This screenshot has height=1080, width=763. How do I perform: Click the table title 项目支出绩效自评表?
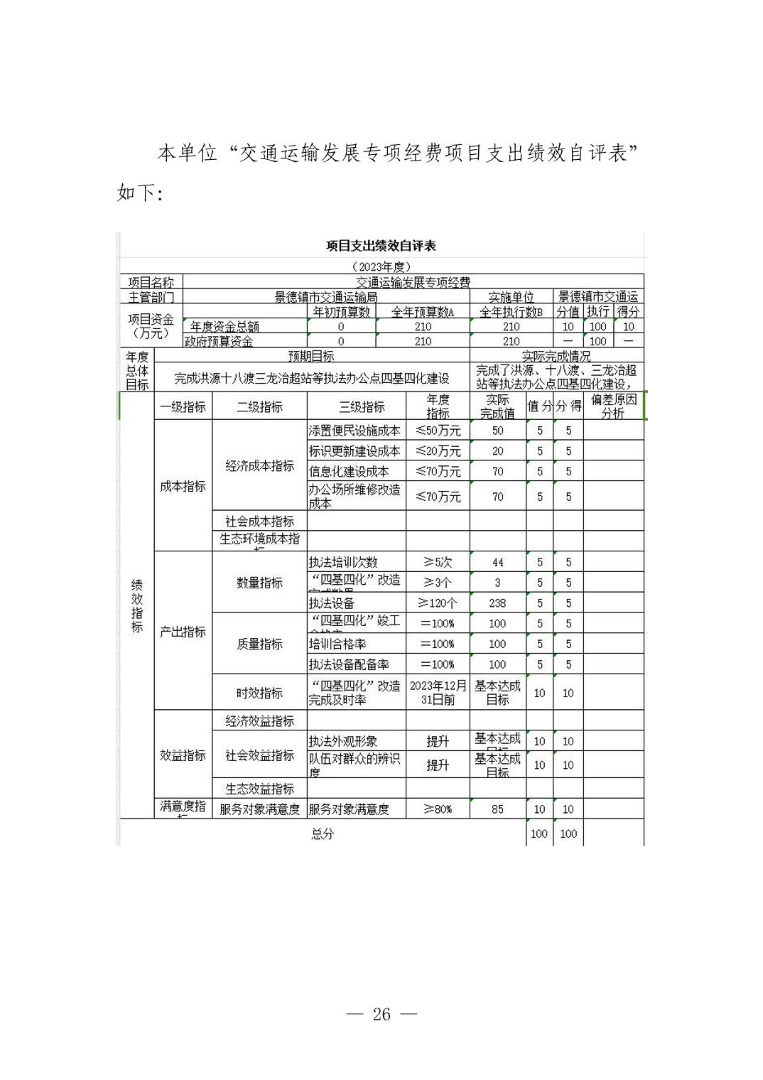coord(381,246)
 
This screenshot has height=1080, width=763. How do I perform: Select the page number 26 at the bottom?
coord(381,1014)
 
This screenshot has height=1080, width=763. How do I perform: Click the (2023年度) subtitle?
coord(381,266)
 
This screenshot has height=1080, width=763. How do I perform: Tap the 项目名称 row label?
coord(151,283)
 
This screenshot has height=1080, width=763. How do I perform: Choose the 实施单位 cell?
coord(511,297)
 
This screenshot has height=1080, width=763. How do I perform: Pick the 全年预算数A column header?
coord(423,311)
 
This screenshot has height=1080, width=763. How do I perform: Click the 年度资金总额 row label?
coord(224,327)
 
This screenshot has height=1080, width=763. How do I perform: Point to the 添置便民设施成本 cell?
coord(355,431)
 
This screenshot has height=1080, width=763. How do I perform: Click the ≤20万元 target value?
coord(438,451)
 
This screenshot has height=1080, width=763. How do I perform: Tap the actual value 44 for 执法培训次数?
coord(497,562)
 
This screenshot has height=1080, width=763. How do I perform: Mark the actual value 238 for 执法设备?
coord(497,603)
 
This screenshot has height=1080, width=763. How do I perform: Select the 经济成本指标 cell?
coord(259,466)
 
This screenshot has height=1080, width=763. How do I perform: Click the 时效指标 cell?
coord(259,693)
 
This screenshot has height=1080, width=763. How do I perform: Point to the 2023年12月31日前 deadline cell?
coord(438,693)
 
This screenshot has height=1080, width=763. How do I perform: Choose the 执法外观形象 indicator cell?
coord(343,741)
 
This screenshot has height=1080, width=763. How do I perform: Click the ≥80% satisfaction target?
coord(438,809)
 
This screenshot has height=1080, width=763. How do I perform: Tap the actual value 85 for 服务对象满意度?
coord(497,809)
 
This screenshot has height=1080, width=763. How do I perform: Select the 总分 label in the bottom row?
coord(323,833)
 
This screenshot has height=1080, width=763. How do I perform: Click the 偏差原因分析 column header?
coord(613,406)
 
